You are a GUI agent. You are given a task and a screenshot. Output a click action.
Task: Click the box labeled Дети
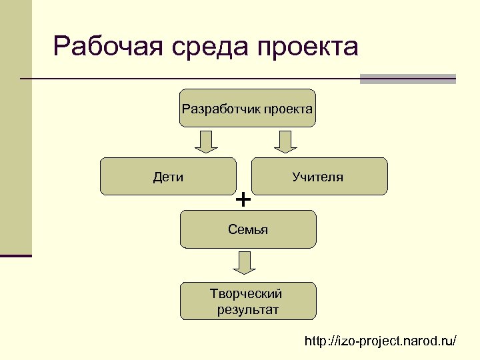168,176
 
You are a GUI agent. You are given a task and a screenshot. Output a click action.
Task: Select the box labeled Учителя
319,176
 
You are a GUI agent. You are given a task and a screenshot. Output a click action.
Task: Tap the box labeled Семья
248,229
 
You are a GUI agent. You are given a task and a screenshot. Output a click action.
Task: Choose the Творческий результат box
248,301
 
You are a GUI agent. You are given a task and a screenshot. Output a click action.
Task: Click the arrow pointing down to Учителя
285,141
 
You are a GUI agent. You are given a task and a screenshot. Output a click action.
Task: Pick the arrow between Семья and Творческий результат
245,262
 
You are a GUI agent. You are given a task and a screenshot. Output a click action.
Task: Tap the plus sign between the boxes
244,199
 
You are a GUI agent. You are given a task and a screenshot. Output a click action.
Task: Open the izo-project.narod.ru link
380,341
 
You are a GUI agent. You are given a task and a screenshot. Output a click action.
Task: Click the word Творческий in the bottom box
246,293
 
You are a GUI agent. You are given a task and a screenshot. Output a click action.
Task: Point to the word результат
248,309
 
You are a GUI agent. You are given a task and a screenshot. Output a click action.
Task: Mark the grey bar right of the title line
407,79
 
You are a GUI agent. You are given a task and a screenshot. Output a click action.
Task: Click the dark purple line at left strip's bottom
16,256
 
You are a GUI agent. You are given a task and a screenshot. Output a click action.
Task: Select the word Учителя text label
317,177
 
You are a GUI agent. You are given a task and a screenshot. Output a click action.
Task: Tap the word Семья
248,230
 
